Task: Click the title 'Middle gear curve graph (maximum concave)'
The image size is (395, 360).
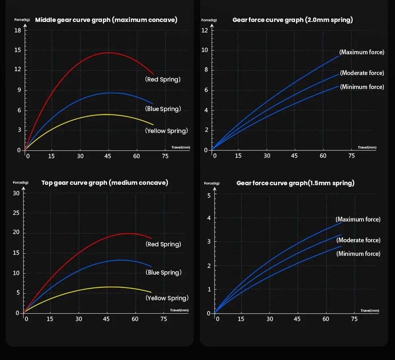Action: [x=106, y=20]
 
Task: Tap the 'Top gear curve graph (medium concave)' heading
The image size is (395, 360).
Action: [x=105, y=183]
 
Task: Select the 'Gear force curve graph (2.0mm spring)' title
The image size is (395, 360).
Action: [x=292, y=20]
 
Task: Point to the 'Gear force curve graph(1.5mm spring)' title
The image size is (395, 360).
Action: [x=295, y=183]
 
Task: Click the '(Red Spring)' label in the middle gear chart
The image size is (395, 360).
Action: [x=163, y=79]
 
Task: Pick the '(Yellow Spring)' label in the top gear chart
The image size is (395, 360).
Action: [x=167, y=298]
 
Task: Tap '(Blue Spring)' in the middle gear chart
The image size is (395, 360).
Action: [x=163, y=109]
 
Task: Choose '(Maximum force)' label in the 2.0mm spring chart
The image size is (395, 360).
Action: [x=361, y=52]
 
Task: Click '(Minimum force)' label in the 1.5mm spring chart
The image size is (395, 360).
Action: [x=358, y=254]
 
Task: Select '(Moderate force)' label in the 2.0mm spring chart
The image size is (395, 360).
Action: [x=362, y=73]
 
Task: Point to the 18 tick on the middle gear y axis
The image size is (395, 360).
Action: [x=18, y=31]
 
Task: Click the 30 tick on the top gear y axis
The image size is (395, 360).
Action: [x=16, y=193]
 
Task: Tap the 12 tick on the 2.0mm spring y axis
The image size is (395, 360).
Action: [x=205, y=31]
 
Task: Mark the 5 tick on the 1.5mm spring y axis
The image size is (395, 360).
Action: [x=209, y=195]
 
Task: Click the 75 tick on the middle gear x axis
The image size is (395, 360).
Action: [x=165, y=156]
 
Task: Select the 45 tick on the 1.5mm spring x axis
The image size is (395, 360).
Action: [x=297, y=319]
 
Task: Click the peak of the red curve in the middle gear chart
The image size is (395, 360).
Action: [x=108, y=53]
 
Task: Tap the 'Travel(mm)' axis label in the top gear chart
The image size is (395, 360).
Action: [x=179, y=310]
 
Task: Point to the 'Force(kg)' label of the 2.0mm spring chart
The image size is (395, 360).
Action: [x=209, y=20]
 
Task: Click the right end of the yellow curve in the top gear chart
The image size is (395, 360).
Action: [x=151, y=292]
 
